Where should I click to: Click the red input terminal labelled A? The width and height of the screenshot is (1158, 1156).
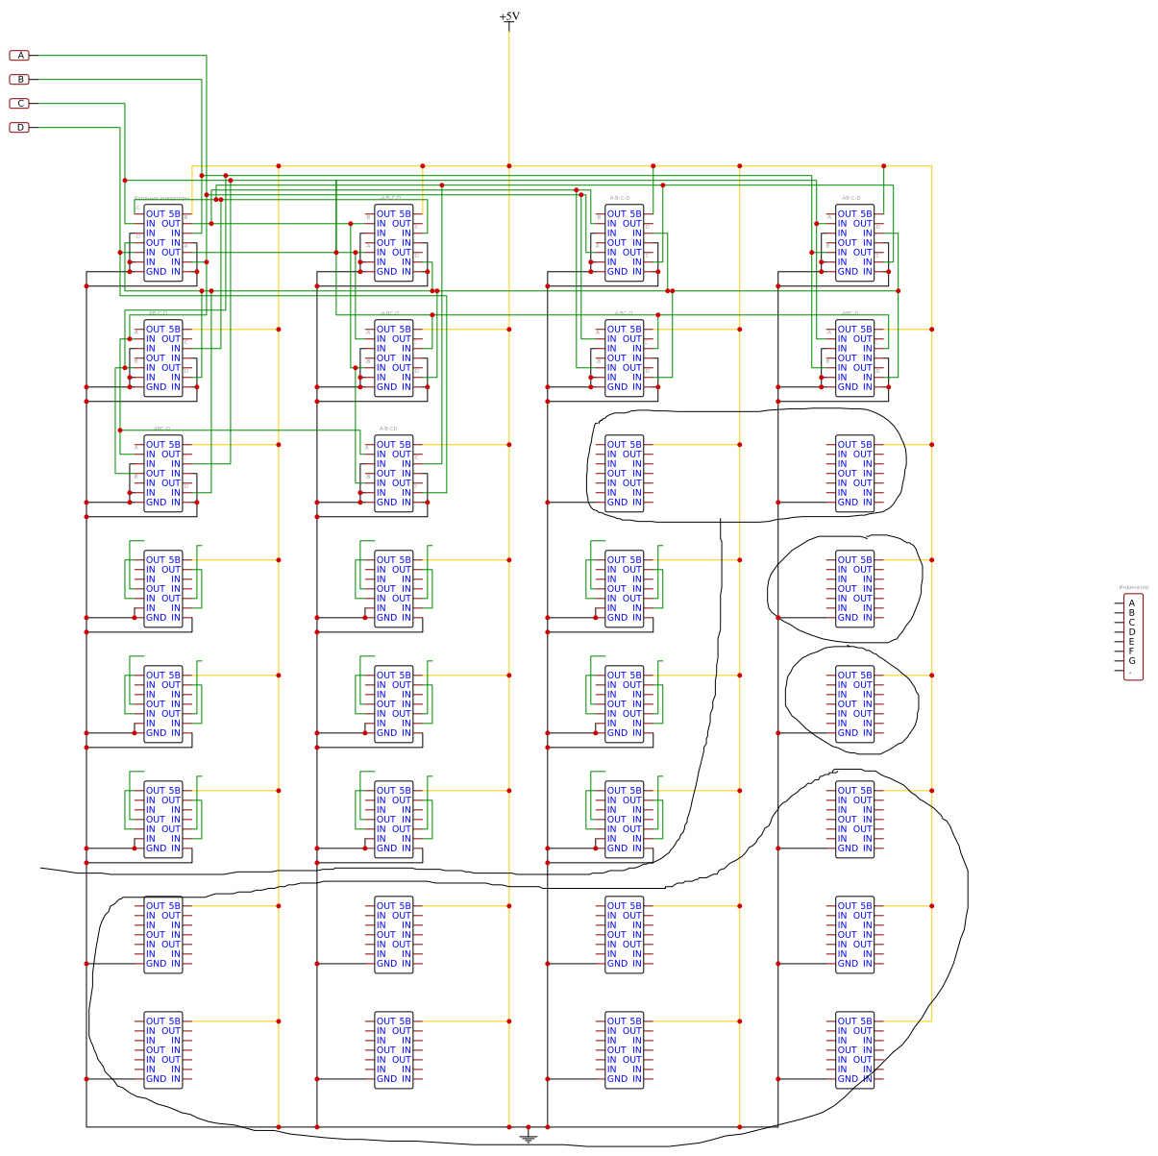click(x=20, y=56)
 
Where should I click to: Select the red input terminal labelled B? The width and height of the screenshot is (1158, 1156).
click(x=20, y=80)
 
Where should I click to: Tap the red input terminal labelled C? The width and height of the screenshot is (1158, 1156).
click(x=20, y=104)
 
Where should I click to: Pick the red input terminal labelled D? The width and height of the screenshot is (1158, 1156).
click(x=20, y=128)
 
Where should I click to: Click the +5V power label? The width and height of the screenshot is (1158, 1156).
click(x=509, y=16)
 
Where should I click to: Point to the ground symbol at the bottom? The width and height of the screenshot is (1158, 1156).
click(x=528, y=1139)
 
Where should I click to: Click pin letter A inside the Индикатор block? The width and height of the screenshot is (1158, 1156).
click(x=1132, y=603)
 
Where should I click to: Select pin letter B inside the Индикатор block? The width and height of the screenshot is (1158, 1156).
click(x=1132, y=613)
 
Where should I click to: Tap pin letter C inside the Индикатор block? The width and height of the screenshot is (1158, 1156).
click(x=1132, y=623)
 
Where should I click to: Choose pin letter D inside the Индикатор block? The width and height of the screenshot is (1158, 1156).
click(x=1132, y=632)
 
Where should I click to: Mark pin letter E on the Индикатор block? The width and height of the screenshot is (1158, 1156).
click(x=1132, y=642)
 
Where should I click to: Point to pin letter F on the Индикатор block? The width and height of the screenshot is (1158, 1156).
click(x=1132, y=652)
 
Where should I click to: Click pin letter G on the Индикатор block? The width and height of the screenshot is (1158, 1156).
click(x=1132, y=661)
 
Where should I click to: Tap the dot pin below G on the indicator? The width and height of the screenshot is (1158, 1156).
click(x=1131, y=673)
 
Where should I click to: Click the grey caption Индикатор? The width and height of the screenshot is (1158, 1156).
click(x=1134, y=587)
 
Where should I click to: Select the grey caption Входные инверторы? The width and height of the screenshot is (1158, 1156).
click(x=161, y=199)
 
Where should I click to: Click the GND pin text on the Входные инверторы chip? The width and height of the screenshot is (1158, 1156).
click(x=156, y=272)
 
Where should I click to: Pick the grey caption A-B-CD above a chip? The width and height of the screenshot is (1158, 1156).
click(x=388, y=429)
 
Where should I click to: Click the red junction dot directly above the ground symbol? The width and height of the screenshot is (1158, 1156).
click(x=528, y=1126)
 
